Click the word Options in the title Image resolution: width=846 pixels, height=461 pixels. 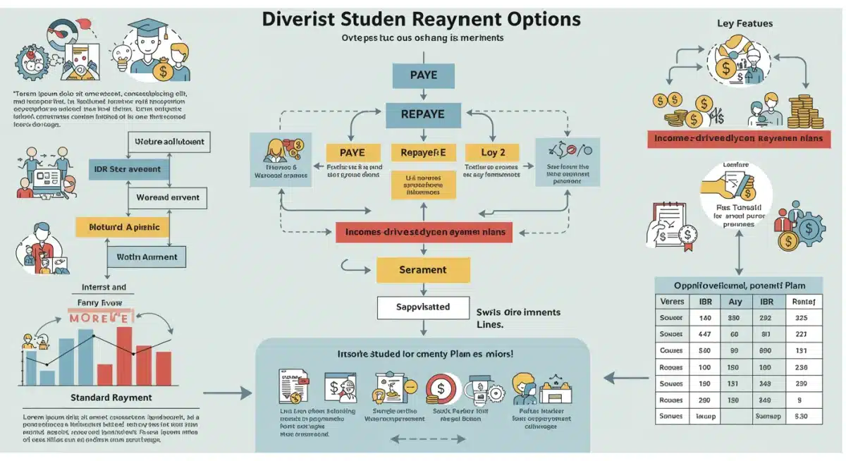pos(537,18)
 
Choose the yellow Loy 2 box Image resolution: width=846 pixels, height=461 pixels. pos(493,152)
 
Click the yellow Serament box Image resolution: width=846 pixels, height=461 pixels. pos(422,270)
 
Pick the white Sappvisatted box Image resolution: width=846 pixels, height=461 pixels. pos(422,307)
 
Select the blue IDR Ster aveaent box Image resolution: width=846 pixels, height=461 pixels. pos(127,169)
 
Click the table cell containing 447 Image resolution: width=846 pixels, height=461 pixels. pos(704,334)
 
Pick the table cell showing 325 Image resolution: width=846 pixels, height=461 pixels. pos(800,318)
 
